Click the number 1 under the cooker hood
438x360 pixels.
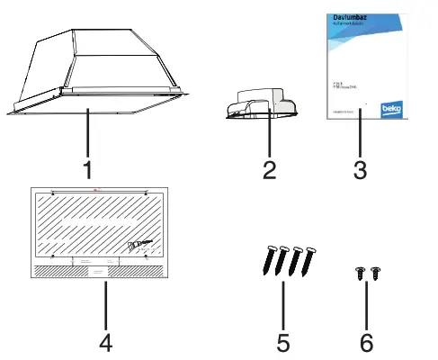pyautogui.click(x=87, y=169)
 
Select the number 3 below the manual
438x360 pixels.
pyautogui.click(x=360, y=169)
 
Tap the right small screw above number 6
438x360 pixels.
pyautogui.click(x=375, y=273)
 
